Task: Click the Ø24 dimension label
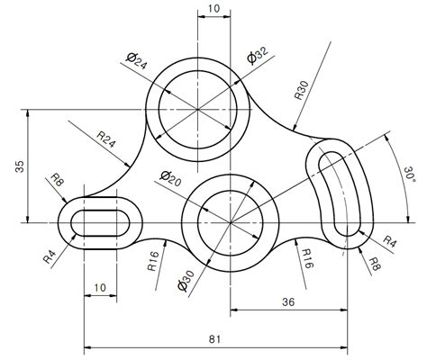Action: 138,61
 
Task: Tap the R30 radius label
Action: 301,91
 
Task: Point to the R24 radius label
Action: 107,141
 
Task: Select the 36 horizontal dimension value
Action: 289,301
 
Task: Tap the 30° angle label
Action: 409,174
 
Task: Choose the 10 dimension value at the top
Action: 213,9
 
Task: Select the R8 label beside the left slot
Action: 58,183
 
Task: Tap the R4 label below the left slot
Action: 50,256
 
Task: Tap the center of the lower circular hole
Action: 231,221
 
